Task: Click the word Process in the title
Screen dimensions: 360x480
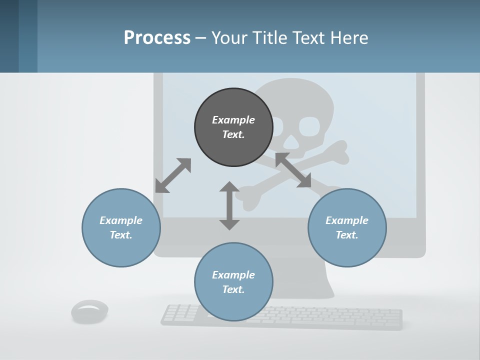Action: point(157,38)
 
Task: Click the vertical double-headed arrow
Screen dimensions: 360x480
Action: point(229,205)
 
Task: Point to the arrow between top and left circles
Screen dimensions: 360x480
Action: point(173,175)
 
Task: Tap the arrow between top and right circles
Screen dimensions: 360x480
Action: point(293,170)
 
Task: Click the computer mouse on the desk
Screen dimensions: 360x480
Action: point(90,311)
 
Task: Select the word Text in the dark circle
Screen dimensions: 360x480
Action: point(233,134)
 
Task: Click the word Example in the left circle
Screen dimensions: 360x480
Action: point(121,220)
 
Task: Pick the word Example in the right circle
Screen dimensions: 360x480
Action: point(347,220)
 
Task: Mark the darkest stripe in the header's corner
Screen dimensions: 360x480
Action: point(9,36)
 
